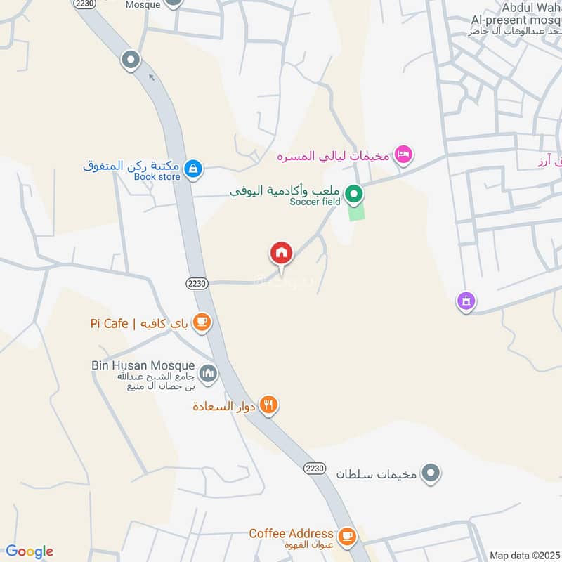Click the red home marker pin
tap(281, 253)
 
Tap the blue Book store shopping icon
tap(193, 169)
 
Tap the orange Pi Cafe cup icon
tap(202, 322)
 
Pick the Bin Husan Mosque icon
tap(207, 373)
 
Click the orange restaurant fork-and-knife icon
tap(268, 405)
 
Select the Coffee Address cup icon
tap(346, 536)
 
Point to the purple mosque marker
tap(465, 302)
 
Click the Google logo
tap(30, 551)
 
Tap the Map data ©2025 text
tap(524, 555)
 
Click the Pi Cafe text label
tap(110, 323)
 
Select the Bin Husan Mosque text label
tap(143, 365)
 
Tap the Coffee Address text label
tap(290, 533)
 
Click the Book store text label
tap(157, 177)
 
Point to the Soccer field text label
tap(315, 202)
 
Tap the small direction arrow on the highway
tap(151, 77)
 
